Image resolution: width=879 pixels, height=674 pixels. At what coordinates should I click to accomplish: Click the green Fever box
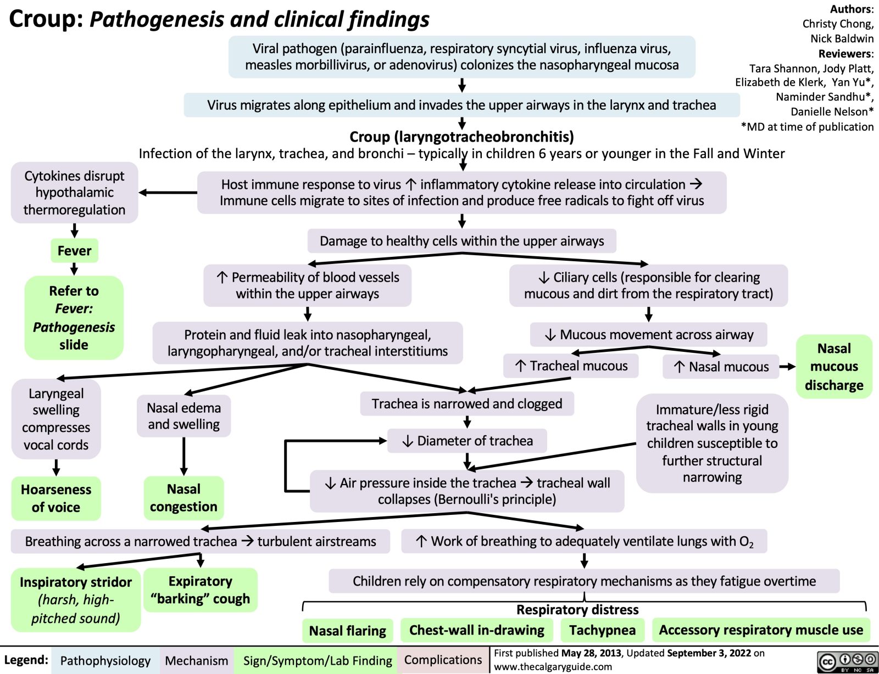(74, 251)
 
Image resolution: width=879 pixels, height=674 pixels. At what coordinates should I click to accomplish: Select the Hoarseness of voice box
(56, 498)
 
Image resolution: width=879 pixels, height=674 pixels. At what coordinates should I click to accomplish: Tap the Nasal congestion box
(183, 497)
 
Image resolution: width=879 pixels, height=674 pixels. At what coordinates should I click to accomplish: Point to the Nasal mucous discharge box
(834, 366)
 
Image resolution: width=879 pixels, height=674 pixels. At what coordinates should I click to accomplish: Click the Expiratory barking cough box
(200, 589)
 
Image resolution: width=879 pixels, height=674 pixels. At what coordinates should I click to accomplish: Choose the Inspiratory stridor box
(76, 599)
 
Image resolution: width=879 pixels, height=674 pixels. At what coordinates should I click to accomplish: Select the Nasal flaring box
(347, 631)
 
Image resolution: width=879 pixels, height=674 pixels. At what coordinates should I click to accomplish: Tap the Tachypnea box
(602, 630)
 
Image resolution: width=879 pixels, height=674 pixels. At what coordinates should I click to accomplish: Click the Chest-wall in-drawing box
(476, 630)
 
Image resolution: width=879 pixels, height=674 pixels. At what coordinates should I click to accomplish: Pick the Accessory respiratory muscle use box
(761, 630)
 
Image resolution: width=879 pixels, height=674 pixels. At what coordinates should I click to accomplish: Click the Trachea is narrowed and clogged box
(467, 404)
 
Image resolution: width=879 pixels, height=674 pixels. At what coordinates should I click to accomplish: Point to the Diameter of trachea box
(468, 441)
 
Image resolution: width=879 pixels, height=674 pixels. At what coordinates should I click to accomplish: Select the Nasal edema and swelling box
(184, 416)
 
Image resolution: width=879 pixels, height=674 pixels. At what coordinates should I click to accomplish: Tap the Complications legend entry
(443, 660)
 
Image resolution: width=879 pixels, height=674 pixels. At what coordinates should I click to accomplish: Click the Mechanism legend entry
(196, 660)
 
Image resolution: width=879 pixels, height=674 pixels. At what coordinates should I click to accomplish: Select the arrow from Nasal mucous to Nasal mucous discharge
(787, 367)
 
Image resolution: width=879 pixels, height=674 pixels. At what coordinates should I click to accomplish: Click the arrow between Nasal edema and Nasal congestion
(184, 456)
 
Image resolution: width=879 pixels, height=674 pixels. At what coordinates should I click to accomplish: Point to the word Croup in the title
(46, 19)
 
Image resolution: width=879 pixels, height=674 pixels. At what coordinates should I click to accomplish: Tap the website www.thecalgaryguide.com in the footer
(553, 666)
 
